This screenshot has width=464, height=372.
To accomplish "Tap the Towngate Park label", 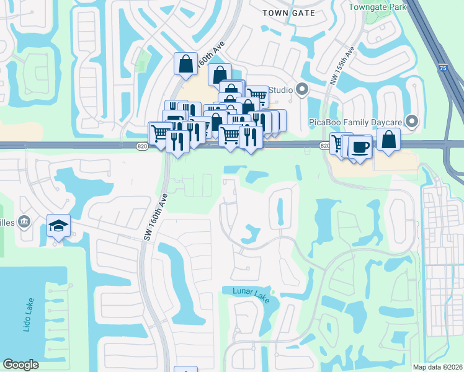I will (x=377, y=7).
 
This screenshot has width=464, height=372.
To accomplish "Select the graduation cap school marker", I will (x=58, y=226).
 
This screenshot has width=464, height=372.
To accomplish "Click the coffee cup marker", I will (x=360, y=147).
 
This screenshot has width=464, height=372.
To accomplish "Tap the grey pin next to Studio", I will (x=302, y=91).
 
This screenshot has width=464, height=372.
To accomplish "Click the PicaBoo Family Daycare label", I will (x=355, y=122).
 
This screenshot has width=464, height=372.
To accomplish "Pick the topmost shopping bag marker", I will (x=186, y=63).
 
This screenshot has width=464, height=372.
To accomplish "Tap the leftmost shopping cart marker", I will (x=159, y=133).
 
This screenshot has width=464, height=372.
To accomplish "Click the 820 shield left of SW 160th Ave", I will (x=141, y=146).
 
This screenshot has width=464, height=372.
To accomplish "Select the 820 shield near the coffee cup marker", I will (x=325, y=145).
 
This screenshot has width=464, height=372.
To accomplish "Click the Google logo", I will (x=21, y=365).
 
